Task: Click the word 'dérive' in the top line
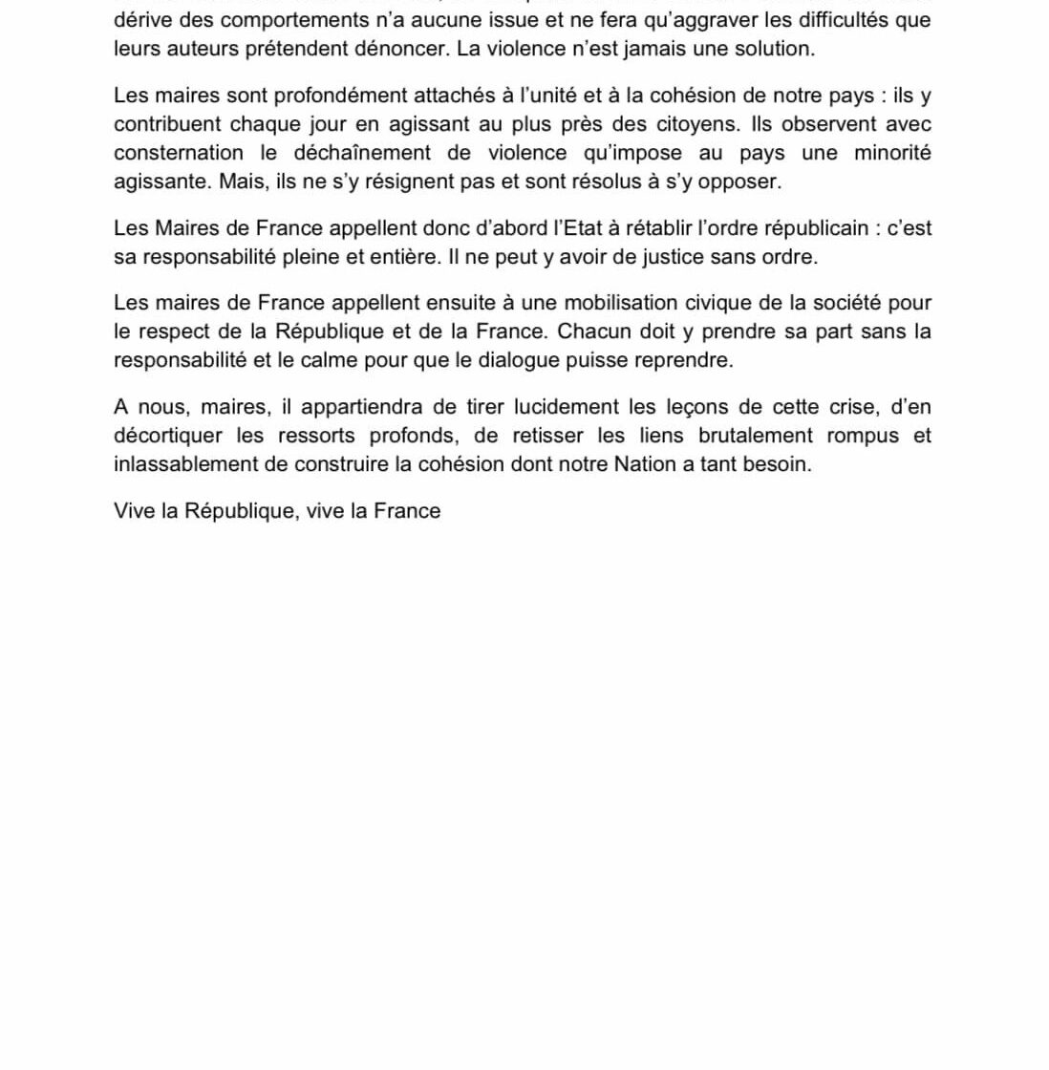pyautogui.click(x=143, y=20)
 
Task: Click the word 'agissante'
pyautogui.click(x=157, y=182)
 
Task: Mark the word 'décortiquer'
pyautogui.click(x=172, y=436)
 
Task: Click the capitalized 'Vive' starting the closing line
pyautogui.click(x=134, y=511)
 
